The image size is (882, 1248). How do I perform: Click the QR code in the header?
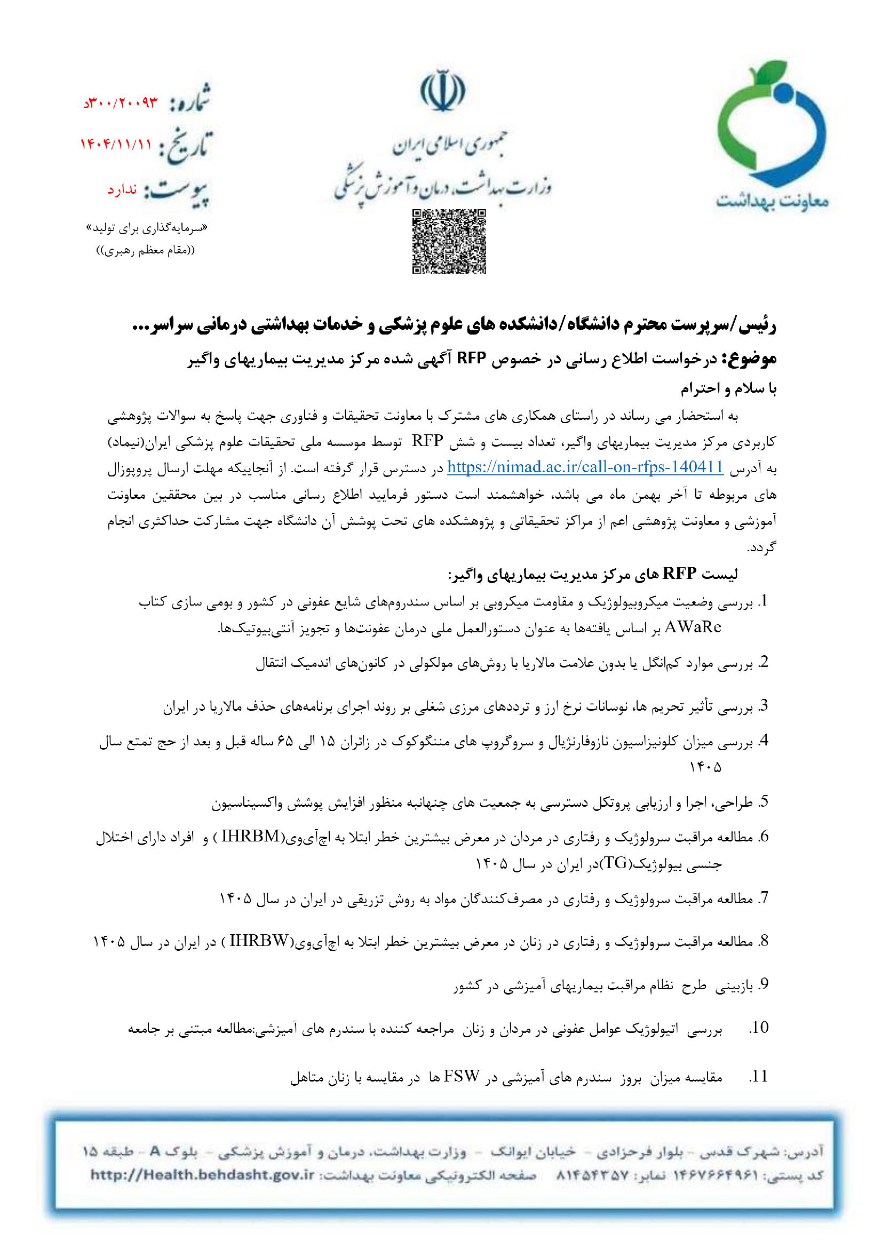coord(449,241)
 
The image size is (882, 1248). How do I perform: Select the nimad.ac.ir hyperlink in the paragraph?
coord(584,467)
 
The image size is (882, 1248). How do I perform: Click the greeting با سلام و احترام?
coord(729,389)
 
